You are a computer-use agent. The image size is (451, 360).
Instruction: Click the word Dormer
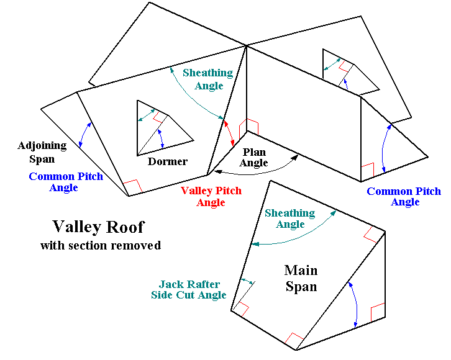pos(168,161)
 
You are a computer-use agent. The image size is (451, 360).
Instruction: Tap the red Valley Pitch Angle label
pos(211,197)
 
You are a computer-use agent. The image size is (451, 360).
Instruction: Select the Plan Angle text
pos(254,158)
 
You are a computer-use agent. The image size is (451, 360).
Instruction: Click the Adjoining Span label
pos(42,151)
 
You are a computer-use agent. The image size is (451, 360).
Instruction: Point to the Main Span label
pos(301,279)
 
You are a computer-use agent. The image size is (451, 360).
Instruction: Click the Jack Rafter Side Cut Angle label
pos(189,290)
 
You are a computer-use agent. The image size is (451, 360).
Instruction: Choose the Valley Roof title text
pos(98,227)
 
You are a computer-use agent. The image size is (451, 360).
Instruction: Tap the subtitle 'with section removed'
pos(101,245)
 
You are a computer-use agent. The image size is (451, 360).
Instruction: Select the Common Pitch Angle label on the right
pos(404,196)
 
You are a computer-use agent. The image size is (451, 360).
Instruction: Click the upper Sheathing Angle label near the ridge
pos(207,79)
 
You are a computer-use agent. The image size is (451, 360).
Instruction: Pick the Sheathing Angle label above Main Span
pos(289,218)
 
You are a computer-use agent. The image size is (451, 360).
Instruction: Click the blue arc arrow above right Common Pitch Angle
pos(385,148)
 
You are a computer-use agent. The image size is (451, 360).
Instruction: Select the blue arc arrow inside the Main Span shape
pos(354,304)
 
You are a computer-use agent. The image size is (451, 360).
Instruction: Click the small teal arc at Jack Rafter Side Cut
pos(247,282)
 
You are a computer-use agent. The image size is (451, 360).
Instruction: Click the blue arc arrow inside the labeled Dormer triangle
pos(162,138)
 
